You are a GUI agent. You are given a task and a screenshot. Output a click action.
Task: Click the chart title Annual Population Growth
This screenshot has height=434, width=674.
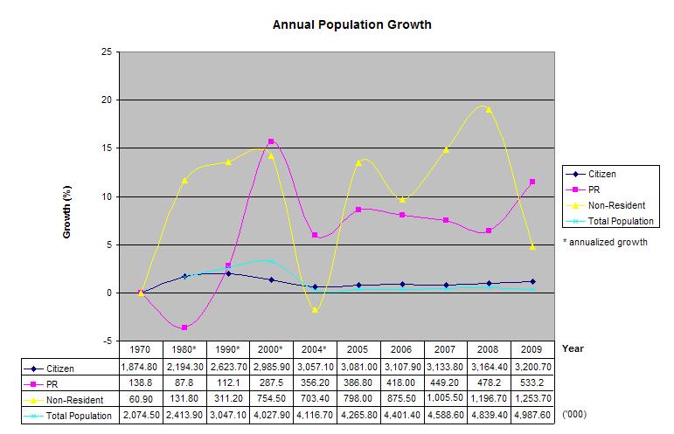[x=352, y=24]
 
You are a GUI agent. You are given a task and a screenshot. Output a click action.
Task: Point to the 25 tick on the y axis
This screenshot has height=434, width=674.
[x=106, y=52]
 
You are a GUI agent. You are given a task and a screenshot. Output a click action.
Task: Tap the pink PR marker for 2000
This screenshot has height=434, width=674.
[x=271, y=141]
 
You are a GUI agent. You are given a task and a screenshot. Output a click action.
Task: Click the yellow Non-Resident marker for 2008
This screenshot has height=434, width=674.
[x=489, y=110]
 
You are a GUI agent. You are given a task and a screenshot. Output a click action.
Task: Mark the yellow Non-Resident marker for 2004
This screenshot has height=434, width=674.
[x=315, y=310]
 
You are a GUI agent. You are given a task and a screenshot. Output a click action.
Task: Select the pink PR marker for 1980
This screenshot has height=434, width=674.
[x=184, y=327]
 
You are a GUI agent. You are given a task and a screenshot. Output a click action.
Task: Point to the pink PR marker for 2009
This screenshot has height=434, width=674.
[x=532, y=182]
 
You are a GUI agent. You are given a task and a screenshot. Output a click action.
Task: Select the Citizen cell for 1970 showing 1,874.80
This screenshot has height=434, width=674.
[x=140, y=368]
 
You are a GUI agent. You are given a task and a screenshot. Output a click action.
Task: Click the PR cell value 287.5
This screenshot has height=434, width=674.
[x=271, y=383]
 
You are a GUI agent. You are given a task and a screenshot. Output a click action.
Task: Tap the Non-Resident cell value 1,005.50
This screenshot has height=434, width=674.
[x=445, y=400]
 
